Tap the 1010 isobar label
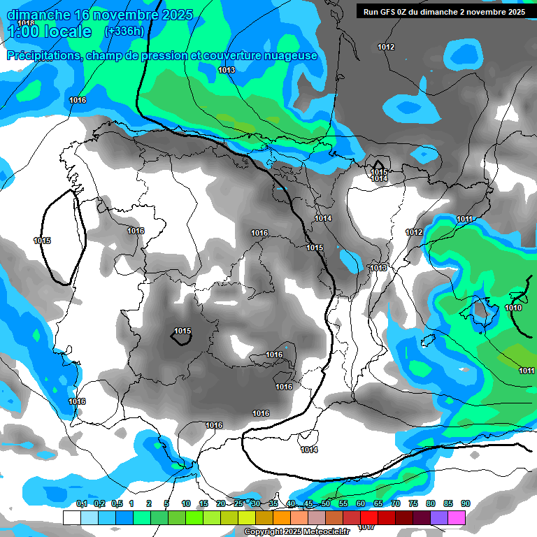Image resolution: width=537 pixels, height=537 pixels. coord(513,308)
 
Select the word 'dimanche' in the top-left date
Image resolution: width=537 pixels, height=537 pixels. coord(38,14)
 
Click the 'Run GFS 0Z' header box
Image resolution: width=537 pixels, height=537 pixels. coord(441,11)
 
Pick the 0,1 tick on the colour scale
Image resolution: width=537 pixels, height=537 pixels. coord(82,504)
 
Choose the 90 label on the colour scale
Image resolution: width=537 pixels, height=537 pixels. coord(466,504)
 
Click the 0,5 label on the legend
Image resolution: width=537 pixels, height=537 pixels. coord(117,504)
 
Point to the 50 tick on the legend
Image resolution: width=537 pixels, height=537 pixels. coord(326,504)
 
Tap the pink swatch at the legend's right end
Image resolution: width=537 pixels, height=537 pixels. coord(457,517)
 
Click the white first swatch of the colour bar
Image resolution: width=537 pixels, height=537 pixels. coord(71,517)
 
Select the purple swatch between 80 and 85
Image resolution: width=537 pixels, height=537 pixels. coord(439,517)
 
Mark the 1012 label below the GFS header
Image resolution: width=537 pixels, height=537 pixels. coord(386,47)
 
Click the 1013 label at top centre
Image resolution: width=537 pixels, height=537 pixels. coord(227,70)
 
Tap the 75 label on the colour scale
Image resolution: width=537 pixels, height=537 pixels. coord(413,504)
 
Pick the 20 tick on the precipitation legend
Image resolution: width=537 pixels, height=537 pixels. coord(221,504)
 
